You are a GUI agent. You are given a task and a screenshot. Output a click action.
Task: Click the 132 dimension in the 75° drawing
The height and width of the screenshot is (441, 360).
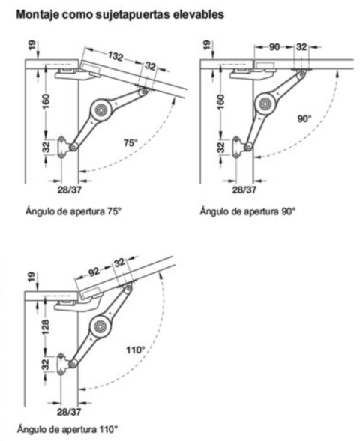115,56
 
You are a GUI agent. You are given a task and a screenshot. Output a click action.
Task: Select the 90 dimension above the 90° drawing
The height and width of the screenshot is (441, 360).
274,47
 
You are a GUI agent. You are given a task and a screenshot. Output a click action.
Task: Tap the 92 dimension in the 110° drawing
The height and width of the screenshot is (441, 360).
94,272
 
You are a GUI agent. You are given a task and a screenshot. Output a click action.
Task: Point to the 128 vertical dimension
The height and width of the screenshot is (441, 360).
45,326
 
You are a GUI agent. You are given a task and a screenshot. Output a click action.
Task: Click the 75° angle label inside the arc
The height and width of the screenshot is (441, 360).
130,142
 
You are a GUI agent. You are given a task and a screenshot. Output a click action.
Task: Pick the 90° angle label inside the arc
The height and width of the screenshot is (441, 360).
304,118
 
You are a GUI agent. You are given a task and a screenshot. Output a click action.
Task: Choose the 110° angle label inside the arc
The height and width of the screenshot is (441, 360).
135,349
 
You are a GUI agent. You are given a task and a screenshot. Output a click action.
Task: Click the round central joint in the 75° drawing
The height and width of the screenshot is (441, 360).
100,110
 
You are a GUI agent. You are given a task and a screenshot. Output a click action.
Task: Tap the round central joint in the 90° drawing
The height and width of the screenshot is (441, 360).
265,104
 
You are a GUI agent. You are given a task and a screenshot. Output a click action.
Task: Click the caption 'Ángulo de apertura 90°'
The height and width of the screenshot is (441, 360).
247,211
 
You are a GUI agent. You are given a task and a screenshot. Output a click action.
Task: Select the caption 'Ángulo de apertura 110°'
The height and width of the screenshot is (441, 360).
67,429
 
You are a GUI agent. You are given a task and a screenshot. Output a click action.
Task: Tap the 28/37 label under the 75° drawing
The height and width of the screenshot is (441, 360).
70,190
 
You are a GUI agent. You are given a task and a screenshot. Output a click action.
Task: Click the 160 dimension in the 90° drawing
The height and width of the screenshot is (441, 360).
221,101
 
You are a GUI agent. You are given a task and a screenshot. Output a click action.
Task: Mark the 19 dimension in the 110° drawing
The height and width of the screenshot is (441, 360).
31,277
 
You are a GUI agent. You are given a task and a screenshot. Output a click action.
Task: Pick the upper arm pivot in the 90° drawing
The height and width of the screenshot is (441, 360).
301,74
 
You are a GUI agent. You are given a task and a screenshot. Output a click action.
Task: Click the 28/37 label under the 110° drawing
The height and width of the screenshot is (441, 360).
69,412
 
